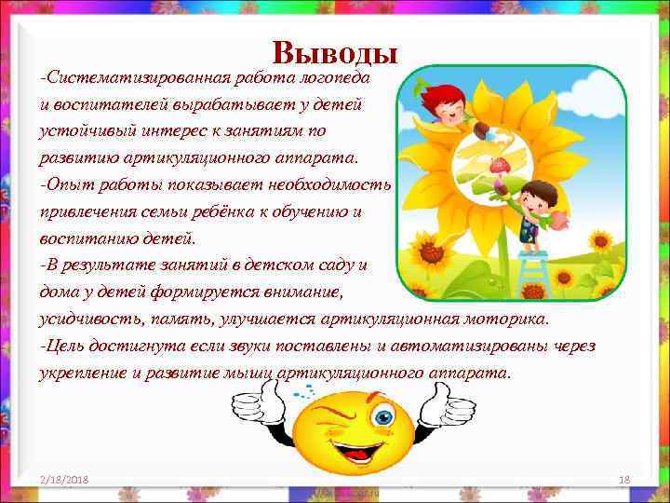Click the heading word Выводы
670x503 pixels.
pos(336,54)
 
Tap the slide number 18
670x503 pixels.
pos(624,479)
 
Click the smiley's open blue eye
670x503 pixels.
pos(382,418)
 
